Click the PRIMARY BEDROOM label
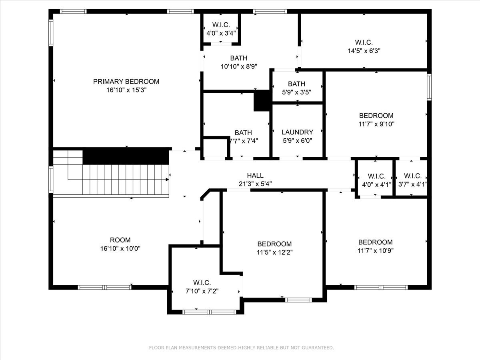[126, 82]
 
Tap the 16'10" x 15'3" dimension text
[126, 90]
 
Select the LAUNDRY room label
[297, 132]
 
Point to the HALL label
[255, 175]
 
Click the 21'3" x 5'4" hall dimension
[255, 184]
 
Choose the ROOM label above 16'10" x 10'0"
[120, 240]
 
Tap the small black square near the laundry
[262, 101]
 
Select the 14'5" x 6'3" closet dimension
[364, 51]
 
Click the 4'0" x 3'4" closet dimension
[221, 33]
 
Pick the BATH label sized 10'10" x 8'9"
[238, 58]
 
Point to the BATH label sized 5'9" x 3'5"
[296, 84]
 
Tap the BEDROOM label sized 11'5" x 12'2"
[274, 244]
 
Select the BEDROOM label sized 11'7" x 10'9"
[375, 242]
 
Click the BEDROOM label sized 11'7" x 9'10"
[376, 116]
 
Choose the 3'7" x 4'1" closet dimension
[412, 184]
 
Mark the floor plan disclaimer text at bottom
[241, 348]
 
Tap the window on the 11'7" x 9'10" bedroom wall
[429, 86]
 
